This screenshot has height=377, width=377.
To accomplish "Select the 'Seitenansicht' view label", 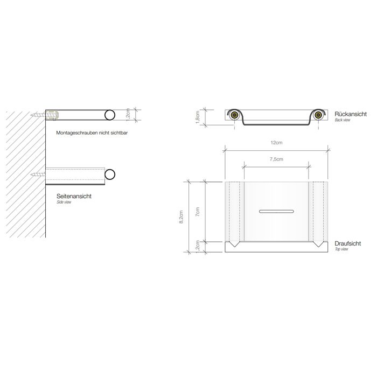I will tap(74, 197).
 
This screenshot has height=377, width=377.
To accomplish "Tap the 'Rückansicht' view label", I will tap(351, 114).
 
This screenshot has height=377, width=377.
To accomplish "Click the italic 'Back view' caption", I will tap(343, 120).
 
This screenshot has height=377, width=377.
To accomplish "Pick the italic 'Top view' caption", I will tap(342, 250).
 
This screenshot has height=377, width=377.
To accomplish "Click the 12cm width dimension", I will tap(276, 143).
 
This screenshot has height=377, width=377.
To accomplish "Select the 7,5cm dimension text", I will tap(276, 160).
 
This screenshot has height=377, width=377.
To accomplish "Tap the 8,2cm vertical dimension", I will tap(181, 216).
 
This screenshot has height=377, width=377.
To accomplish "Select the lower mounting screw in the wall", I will tap(39, 174).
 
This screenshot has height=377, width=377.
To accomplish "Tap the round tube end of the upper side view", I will tap(110, 115).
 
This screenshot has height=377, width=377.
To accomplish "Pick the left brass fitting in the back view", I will tap(235, 114).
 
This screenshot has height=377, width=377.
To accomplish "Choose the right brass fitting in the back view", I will tap(318, 114).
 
